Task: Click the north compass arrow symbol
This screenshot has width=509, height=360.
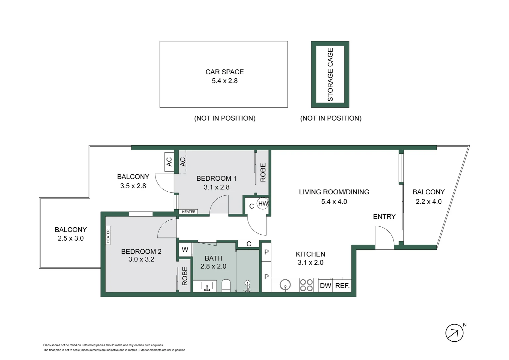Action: point(454,333)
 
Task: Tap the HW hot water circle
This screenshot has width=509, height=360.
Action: point(263,203)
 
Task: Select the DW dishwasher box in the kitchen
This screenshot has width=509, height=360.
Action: point(325,286)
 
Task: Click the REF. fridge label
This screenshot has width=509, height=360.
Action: point(342,286)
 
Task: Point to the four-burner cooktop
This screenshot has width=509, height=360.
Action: point(306,285)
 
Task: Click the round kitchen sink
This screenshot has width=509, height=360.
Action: point(285,285)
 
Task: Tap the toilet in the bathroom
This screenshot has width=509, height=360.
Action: point(226,286)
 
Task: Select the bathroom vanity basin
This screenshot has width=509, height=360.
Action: point(207,286)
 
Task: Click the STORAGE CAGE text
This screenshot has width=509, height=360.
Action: point(330,74)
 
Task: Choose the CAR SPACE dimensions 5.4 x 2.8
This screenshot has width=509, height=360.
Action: point(225,81)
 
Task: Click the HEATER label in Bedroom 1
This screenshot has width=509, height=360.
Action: point(189,212)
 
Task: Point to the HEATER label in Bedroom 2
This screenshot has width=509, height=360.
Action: point(108,236)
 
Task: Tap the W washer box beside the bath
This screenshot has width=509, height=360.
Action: point(185,249)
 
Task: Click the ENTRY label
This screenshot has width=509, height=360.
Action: point(384,217)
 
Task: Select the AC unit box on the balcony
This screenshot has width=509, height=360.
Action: point(169,162)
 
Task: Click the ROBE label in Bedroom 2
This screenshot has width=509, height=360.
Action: point(185,276)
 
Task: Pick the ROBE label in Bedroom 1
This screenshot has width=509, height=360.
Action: point(263,172)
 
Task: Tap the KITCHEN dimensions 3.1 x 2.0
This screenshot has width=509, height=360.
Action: point(310,263)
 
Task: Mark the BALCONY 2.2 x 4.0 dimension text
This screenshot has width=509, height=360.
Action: point(428,202)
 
